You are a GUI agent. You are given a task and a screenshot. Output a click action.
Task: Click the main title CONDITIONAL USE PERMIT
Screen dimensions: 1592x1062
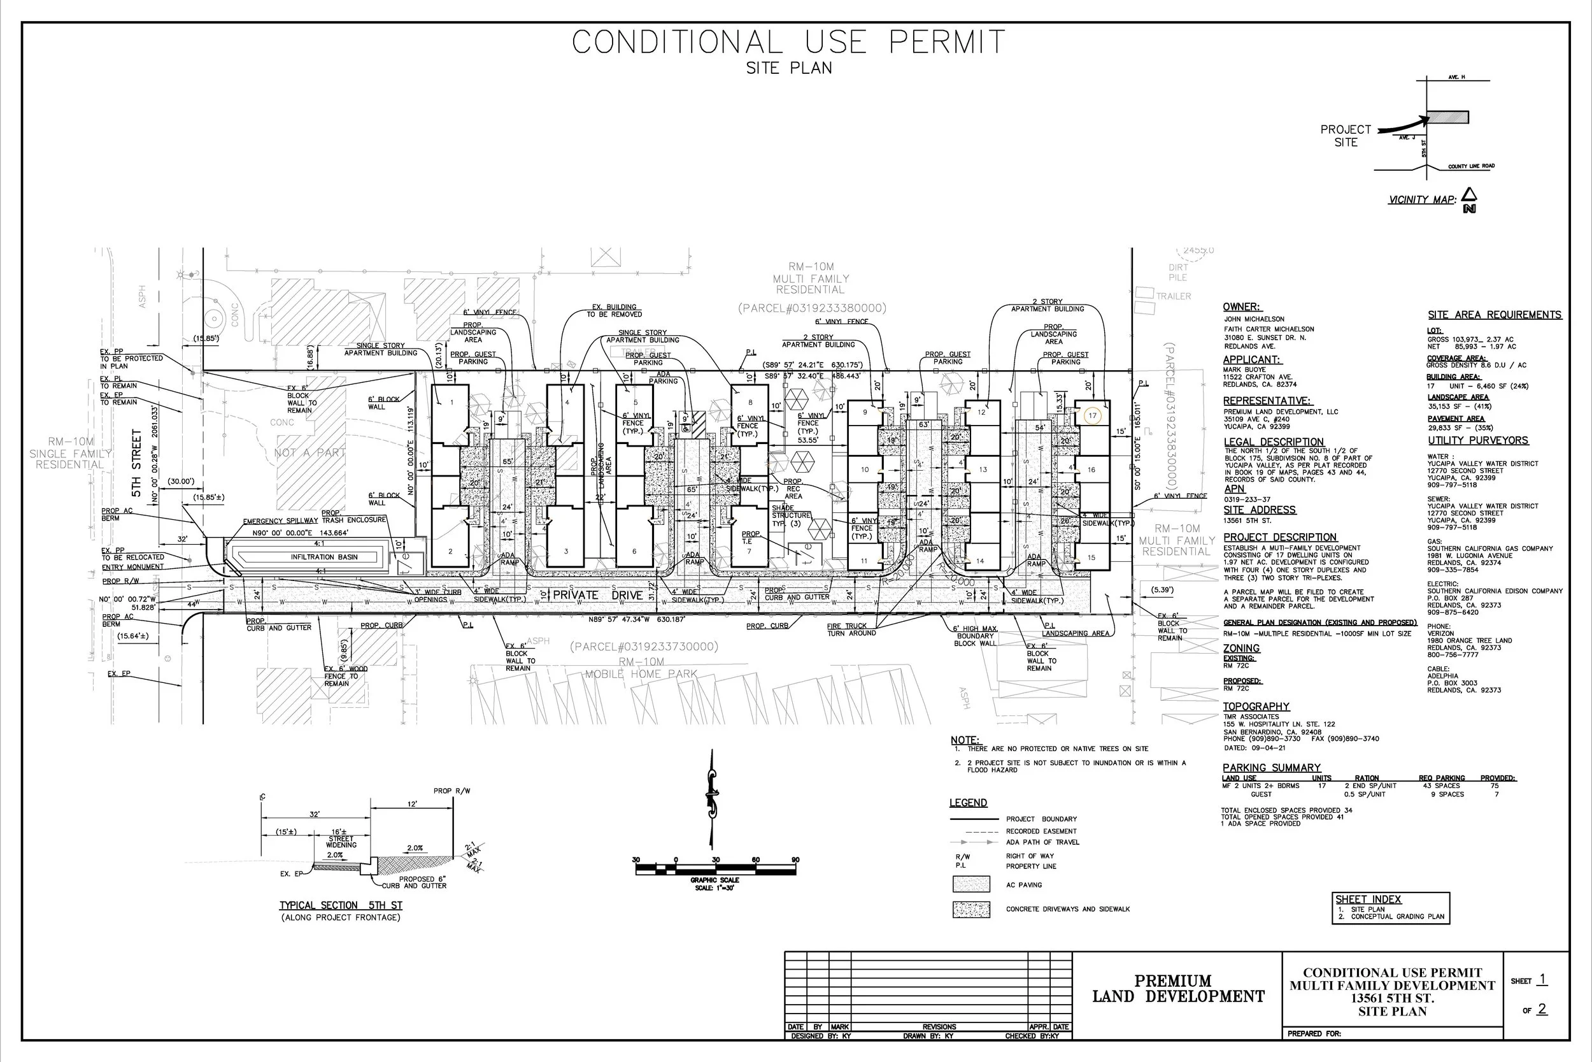pos(788,42)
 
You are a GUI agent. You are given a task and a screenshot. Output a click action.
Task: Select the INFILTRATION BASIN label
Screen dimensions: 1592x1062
pos(324,557)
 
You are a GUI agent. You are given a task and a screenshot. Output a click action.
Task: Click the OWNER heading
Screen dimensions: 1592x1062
pos(1240,307)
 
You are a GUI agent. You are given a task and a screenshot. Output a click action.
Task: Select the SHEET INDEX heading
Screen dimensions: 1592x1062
pos(1368,899)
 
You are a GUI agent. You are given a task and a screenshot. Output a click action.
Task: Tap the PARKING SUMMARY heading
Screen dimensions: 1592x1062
pos(1271,768)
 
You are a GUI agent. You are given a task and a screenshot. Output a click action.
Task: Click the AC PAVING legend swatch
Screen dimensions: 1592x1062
pos(970,884)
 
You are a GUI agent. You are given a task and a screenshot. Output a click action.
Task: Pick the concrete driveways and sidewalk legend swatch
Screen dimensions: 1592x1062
pos(970,909)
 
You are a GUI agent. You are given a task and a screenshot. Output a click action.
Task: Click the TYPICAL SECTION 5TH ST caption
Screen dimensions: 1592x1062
pos(341,905)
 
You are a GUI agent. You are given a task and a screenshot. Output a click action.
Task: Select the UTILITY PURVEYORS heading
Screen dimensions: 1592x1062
pos(1477,440)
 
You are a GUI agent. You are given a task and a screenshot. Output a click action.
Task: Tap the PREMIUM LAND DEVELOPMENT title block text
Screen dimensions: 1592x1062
pos(1177,988)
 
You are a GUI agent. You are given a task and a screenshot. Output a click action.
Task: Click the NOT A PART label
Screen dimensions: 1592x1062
pos(310,452)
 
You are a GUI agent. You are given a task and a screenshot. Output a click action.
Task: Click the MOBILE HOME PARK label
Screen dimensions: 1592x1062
pos(641,674)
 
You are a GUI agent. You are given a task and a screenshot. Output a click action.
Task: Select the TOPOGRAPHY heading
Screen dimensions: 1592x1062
pos(1256,706)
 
